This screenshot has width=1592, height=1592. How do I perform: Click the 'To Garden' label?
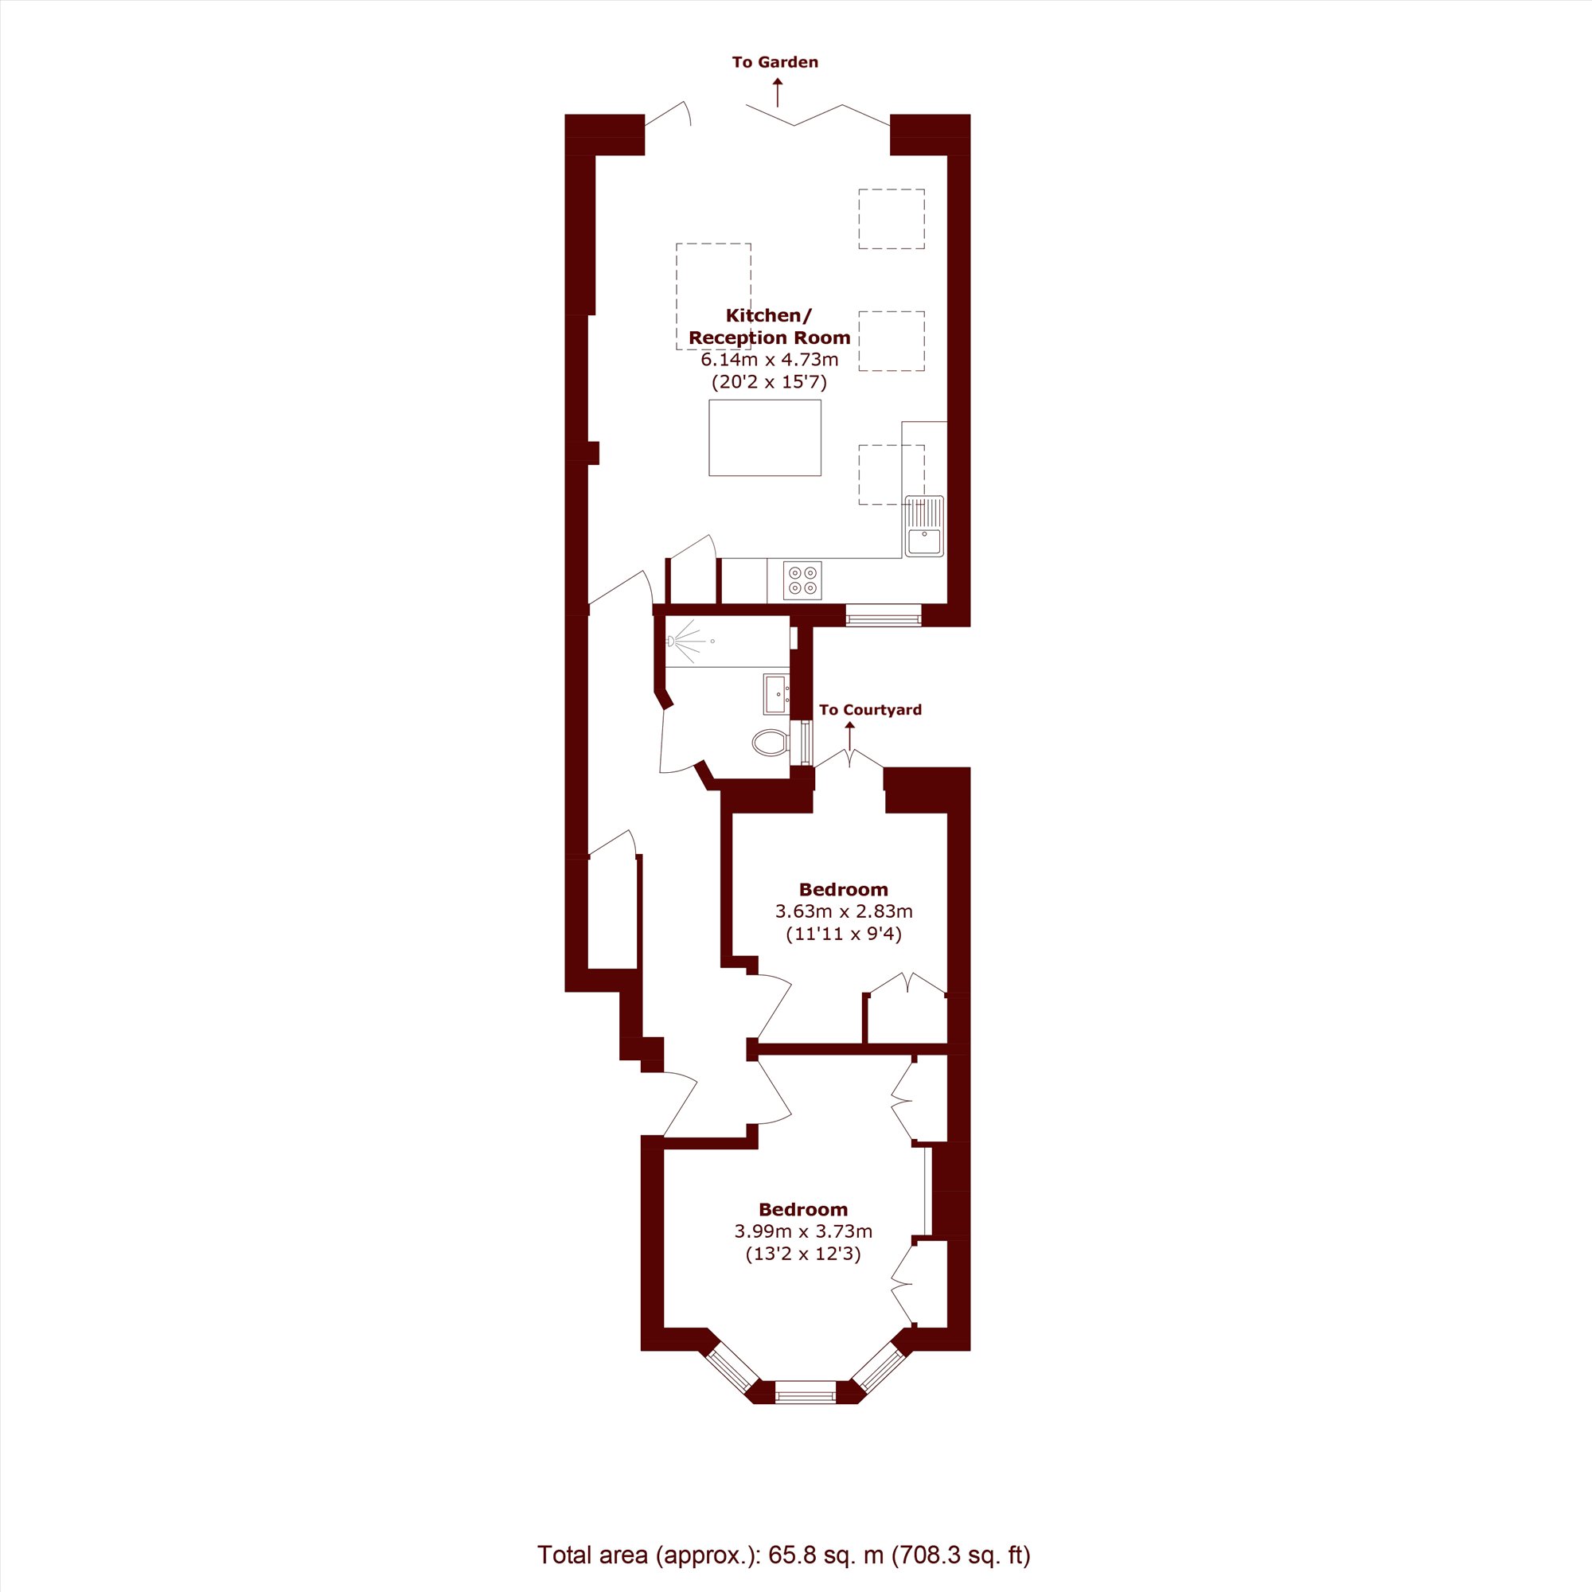coord(775,62)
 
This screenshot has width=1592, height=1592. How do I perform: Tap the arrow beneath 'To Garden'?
coord(777,92)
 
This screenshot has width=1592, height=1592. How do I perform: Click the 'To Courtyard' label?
coord(870,709)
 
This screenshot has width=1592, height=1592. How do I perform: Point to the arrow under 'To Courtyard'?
coord(849,736)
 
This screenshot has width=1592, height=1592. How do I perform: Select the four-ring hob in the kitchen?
coord(802,580)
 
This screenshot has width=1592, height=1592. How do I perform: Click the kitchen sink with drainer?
coord(923,525)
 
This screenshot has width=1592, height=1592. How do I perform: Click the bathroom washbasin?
coord(777,694)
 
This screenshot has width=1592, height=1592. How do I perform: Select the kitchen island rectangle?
coord(765,438)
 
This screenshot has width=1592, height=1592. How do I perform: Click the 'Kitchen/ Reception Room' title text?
coord(770,326)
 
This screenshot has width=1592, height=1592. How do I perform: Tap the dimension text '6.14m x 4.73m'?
coord(770,360)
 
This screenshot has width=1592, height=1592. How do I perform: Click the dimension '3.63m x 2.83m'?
coord(844,911)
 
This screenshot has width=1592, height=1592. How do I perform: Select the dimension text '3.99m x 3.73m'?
coord(803,1231)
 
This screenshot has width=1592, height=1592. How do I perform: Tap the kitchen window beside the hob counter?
coord(884,615)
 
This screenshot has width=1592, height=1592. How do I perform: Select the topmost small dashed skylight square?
coord(892,218)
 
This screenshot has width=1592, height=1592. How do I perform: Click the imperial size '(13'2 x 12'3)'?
coord(803,1254)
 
